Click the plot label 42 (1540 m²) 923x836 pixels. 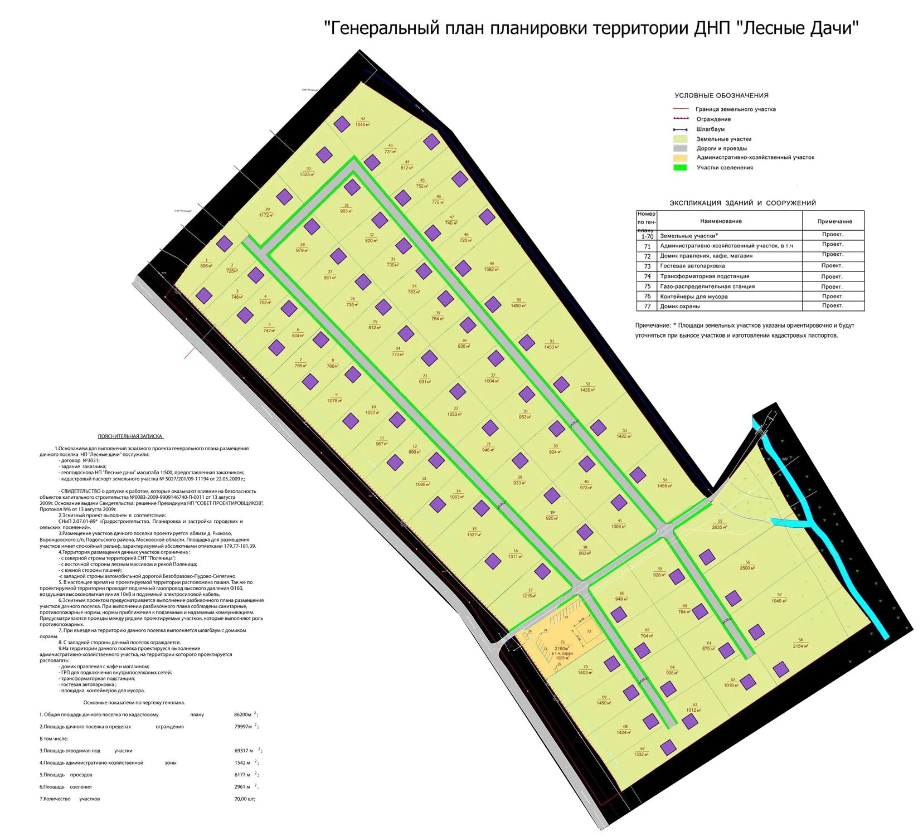click(362, 121)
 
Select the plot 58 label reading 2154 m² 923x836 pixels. click(800, 643)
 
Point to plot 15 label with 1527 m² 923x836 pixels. click(474, 532)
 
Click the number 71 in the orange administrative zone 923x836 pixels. click(562, 642)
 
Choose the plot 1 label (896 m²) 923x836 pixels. click(206, 263)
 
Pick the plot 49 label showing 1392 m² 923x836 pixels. click(491, 266)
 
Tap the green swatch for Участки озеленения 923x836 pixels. click(680, 167)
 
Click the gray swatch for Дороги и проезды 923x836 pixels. click(680, 148)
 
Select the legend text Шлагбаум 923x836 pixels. click(710, 129)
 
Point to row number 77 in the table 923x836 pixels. click(647, 306)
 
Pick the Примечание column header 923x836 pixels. click(834, 221)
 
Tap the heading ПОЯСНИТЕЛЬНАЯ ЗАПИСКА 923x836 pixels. click(130, 436)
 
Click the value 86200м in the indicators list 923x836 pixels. click(242, 714)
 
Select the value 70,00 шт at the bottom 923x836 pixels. click(244, 799)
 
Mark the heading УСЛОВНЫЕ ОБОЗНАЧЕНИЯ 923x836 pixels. click(721, 95)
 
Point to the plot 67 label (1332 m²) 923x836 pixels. click(641, 751)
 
